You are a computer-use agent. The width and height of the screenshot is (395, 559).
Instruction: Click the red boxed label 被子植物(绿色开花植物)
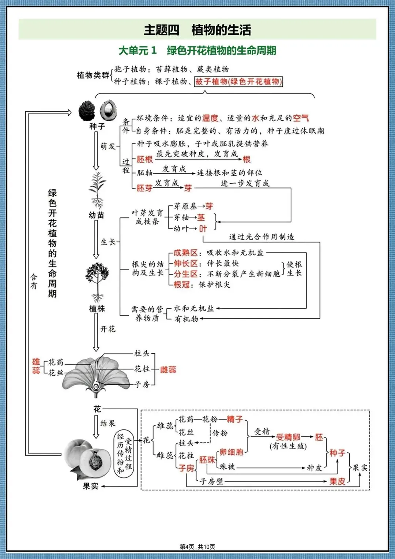[238, 82]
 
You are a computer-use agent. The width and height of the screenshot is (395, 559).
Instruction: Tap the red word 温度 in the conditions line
[210, 118]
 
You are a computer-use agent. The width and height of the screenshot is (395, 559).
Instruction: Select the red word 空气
[301, 118]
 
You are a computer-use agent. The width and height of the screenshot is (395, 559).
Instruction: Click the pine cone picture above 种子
[87, 110]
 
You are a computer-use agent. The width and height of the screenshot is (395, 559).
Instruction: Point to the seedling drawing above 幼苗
[98, 190]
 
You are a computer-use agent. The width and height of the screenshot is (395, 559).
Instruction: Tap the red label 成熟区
[185, 253]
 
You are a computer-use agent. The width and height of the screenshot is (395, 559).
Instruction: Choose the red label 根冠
[181, 284]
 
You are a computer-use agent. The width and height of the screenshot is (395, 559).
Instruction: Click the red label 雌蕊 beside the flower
[168, 369]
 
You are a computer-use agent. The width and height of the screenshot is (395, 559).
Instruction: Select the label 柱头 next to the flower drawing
[142, 353]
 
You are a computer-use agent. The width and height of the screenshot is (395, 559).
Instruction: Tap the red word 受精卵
[288, 437]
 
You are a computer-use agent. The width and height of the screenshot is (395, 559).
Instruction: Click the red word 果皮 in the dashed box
[337, 481]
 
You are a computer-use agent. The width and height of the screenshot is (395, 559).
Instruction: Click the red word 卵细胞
[232, 452]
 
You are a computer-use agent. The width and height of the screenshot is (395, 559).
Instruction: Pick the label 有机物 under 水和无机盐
[186, 319]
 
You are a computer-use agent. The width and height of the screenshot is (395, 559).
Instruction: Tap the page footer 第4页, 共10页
[197, 547]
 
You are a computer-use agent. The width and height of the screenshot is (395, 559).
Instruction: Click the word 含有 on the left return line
[34, 282]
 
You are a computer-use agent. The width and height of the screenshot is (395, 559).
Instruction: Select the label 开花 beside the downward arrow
[108, 329]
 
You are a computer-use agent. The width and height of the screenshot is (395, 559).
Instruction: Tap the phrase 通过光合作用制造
[262, 236]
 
